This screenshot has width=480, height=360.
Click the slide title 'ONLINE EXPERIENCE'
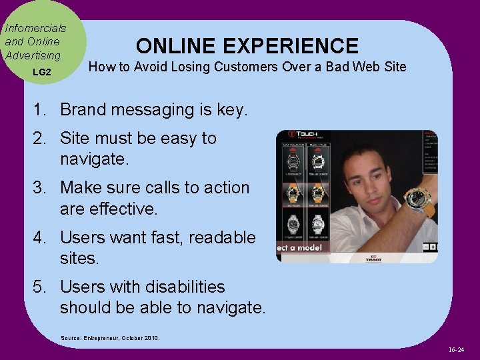pyautogui.click(x=247, y=45)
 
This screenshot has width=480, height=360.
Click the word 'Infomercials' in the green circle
pyautogui.click(x=35, y=29)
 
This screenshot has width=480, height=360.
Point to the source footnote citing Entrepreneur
pyautogui.click(x=110, y=337)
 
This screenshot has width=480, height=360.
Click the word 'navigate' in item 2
pyautogui.click(x=101, y=159)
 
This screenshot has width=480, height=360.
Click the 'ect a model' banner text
pyautogui.click(x=299, y=248)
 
